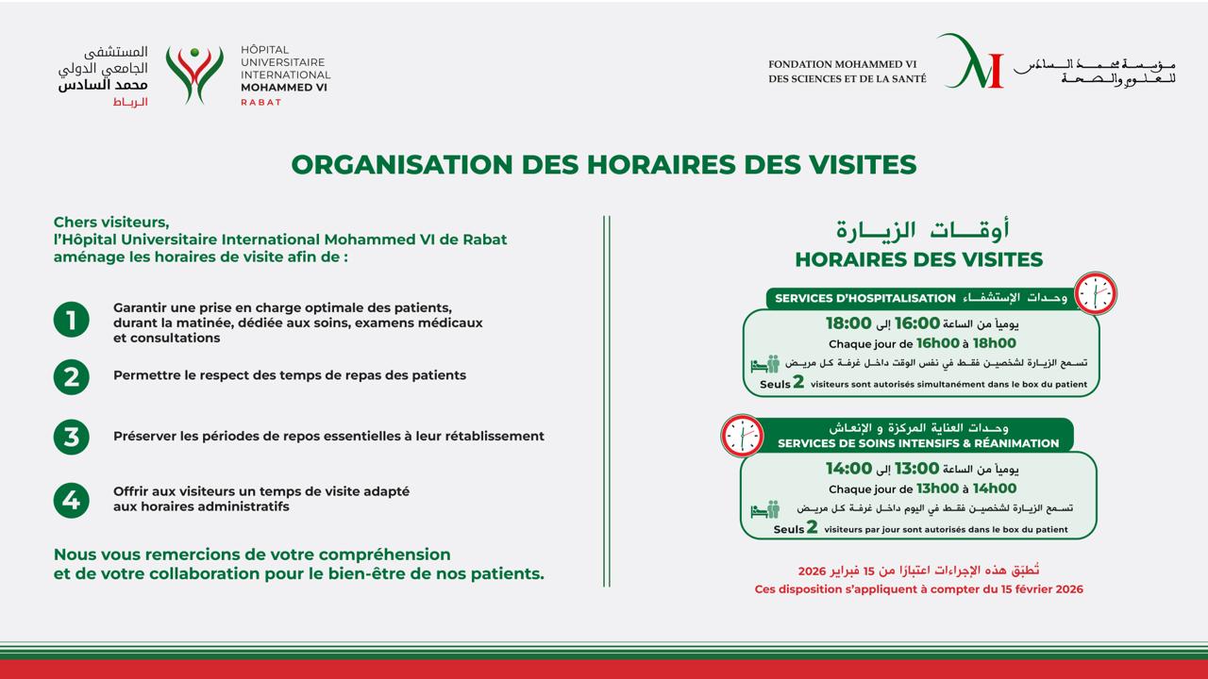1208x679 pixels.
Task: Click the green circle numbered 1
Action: (71, 320)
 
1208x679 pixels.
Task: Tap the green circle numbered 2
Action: (71, 377)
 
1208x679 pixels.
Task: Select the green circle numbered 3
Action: (71, 437)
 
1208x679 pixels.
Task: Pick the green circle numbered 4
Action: (71, 500)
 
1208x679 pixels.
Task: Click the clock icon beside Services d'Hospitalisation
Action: (1096, 293)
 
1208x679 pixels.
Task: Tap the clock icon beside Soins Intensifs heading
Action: (742, 436)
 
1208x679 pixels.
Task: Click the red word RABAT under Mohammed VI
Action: (261, 102)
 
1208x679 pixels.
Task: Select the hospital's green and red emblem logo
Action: (194, 75)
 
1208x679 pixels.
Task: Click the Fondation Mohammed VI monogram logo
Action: (970, 62)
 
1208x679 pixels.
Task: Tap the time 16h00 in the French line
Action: (937, 343)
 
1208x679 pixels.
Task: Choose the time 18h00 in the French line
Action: (994, 343)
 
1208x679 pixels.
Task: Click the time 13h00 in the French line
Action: (937, 489)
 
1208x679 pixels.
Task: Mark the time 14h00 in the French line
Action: (994, 489)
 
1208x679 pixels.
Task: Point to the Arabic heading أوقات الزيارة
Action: (922, 229)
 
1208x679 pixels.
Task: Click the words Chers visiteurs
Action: (111, 223)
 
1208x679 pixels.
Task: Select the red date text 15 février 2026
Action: (1037, 589)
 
